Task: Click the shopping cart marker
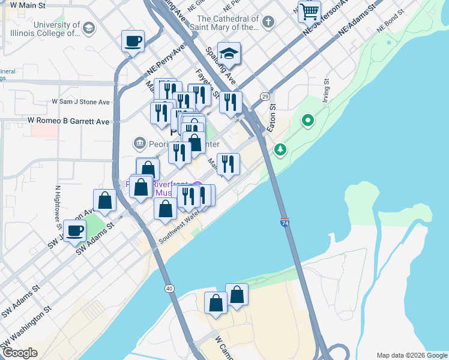tap(309, 11)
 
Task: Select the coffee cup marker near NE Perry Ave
tap(133, 42)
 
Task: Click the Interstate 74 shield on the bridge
tap(285, 223)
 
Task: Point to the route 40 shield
tap(170, 289)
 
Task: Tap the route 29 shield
tap(264, 97)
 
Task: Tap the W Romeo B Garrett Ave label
tap(69, 121)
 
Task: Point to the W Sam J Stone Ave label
tap(80, 102)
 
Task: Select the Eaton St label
tap(271, 119)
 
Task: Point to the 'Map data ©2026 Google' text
tap(412, 355)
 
